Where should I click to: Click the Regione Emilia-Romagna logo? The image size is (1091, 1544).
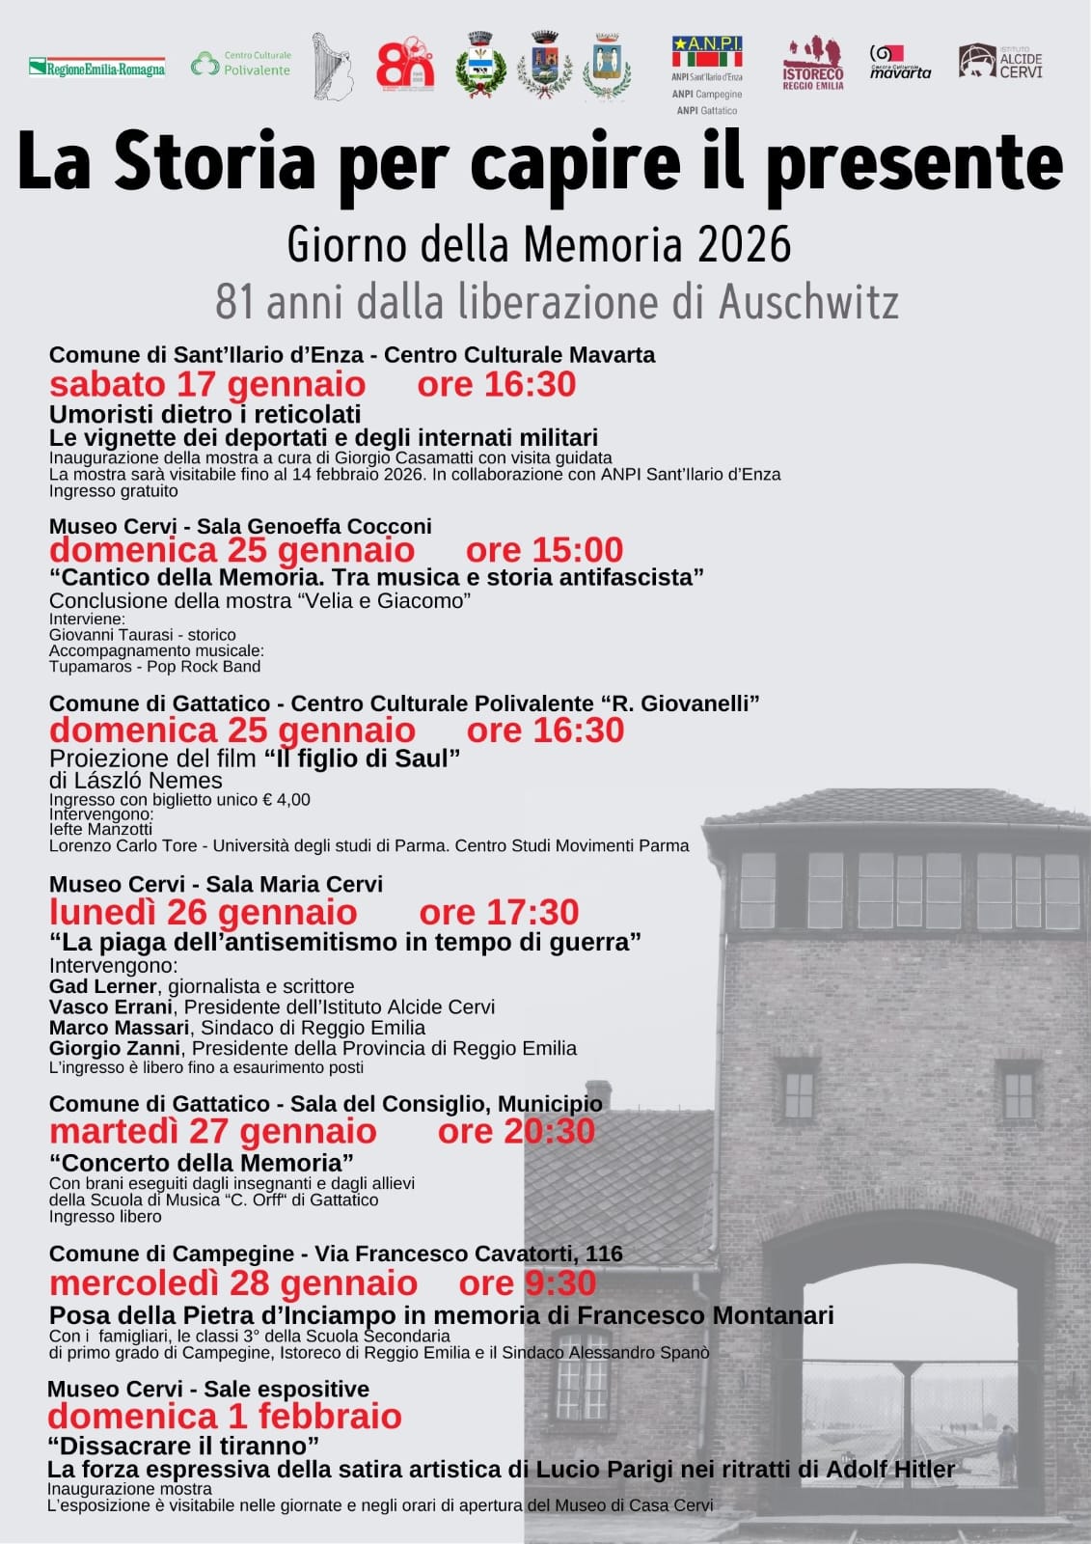pos(96,68)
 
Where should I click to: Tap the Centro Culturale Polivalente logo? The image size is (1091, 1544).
pos(240,64)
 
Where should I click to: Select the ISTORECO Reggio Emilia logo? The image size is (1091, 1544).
pos(812,65)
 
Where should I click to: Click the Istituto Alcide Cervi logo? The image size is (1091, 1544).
pos(1000,61)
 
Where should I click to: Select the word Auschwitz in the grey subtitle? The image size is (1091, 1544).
pos(808,302)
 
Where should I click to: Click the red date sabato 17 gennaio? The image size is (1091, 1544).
pos(207,384)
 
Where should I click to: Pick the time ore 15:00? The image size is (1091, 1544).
pos(544,550)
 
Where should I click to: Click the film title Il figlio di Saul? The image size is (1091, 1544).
pos(362,758)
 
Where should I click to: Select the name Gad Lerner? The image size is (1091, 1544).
pos(102,986)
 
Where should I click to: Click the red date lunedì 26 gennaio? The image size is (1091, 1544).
pos(203,912)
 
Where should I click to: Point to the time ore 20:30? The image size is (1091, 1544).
pos(516,1131)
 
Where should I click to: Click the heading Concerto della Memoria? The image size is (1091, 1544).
pos(202,1162)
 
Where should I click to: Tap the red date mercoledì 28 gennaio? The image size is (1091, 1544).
pos(232,1283)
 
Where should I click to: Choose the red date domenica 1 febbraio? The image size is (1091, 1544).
pos(224,1417)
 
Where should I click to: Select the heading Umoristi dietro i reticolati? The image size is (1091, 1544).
pos(205,414)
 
